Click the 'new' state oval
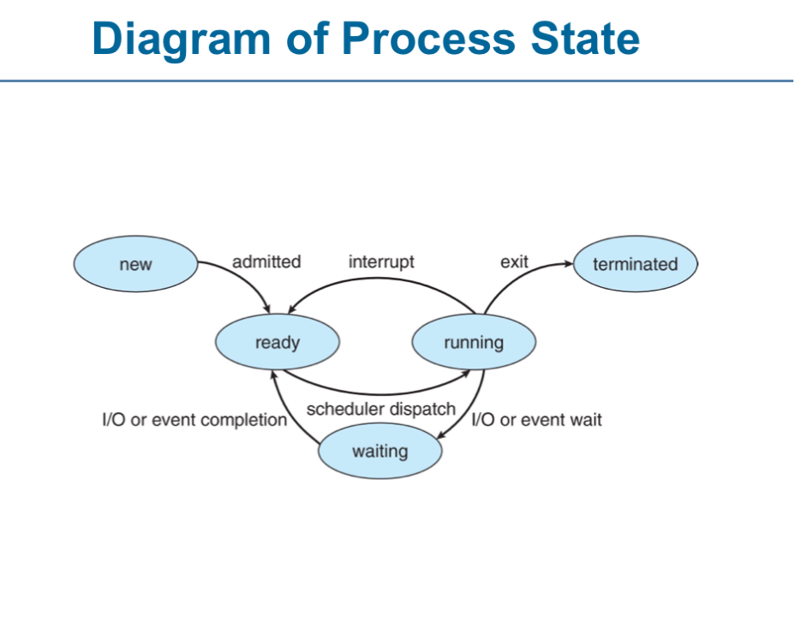(x=136, y=264)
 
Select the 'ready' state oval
(x=278, y=342)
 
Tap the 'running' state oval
(x=474, y=342)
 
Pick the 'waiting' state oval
(x=380, y=451)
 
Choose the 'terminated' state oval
(x=636, y=264)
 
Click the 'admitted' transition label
(x=266, y=261)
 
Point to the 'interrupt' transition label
(x=381, y=261)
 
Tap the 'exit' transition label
(x=514, y=261)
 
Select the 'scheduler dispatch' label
(x=380, y=409)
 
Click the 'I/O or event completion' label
(x=194, y=420)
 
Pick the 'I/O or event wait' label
(x=536, y=420)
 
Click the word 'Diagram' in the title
(x=182, y=39)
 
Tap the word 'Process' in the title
(x=428, y=39)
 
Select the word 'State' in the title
(x=585, y=39)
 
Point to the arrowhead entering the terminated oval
(x=569, y=264)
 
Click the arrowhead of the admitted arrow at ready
(x=266, y=309)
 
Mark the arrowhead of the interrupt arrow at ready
(x=291, y=309)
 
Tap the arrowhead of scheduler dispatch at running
(x=465, y=375)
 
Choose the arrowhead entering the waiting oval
(x=441, y=435)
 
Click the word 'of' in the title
(x=308, y=39)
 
